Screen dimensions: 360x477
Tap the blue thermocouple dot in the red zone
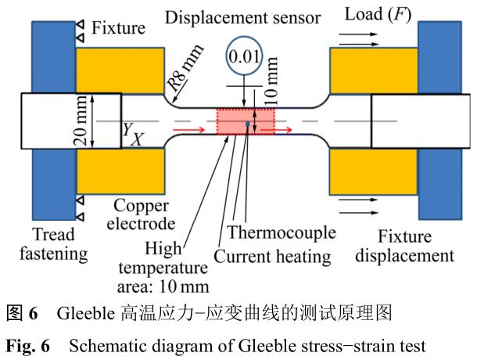pyautogui.click(x=248, y=124)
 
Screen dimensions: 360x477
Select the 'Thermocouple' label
pyautogui.click(x=287, y=233)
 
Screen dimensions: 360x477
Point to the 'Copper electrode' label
pyautogui.click(x=138, y=215)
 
